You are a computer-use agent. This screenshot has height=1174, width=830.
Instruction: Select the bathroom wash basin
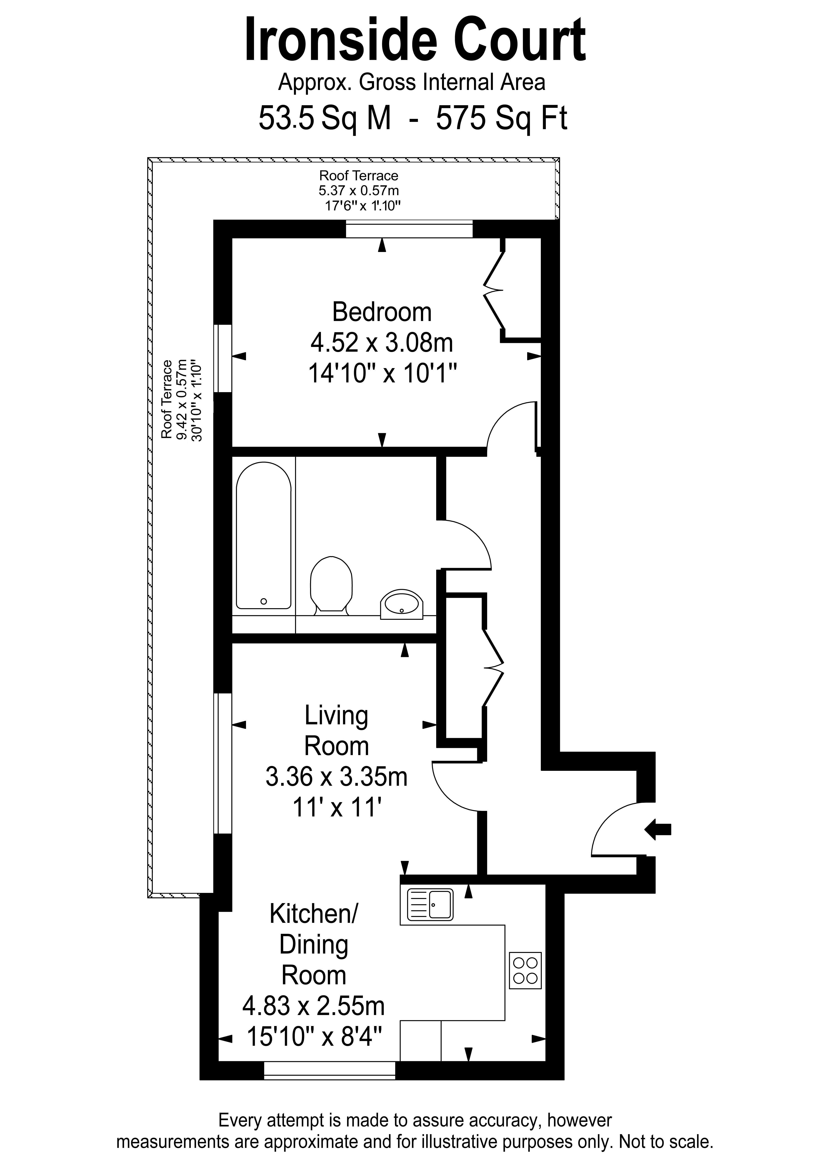pos(402,604)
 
